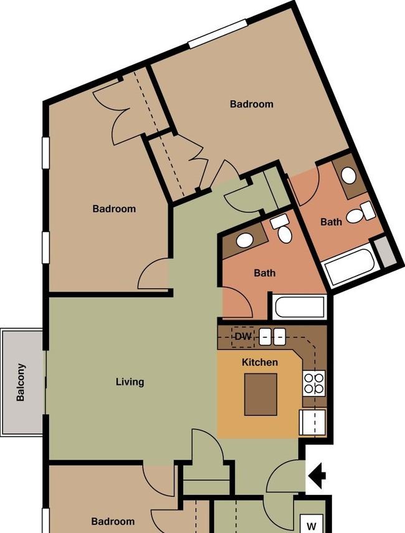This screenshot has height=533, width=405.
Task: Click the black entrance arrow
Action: [x=317, y=476]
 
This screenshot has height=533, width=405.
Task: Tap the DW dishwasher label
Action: [x=243, y=337]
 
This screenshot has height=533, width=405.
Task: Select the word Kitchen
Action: [x=260, y=362]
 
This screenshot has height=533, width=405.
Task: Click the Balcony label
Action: [x=21, y=382]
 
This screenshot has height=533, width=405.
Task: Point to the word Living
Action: [x=130, y=382]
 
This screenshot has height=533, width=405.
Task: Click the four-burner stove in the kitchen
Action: [x=313, y=383]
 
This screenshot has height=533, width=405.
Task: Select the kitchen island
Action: [x=260, y=395]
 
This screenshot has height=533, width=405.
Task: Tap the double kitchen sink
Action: [x=272, y=337]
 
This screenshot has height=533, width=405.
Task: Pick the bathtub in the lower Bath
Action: [x=299, y=307]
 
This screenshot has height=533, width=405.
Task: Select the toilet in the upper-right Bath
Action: [x=361, y=213]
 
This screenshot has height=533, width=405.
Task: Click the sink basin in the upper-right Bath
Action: [x=348, y=176]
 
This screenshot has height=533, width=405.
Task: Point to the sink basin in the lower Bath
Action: [x=245, y=241]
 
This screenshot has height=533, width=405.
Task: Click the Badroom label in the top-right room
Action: [x=252, y=104]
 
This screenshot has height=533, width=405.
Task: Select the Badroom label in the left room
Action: [x=114, y=208]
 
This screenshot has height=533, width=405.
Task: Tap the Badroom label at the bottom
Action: [x=113, y=521]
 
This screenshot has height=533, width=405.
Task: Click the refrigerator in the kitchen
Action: [x=313, y=422]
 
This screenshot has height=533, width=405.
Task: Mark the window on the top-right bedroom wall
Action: [x=218, y=33]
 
